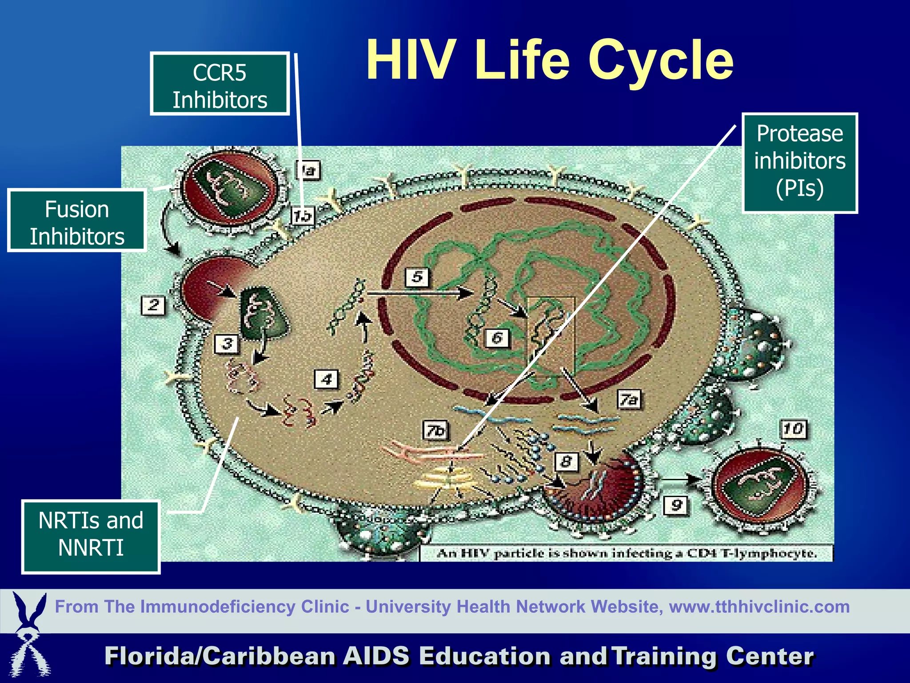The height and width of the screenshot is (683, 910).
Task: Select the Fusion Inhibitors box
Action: [77, 221]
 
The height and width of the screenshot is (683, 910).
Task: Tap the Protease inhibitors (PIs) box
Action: [799, 163]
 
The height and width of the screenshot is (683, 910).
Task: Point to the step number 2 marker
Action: [153, 305]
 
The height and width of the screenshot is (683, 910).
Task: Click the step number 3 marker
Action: [227, 344]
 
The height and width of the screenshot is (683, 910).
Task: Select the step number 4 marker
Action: [327, 379]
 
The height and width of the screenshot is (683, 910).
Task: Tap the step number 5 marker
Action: [417, 277]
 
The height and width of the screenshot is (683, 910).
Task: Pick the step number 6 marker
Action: [497, 338]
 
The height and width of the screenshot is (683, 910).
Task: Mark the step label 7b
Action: [435, 430]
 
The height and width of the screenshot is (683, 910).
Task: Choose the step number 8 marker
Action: [566, 462]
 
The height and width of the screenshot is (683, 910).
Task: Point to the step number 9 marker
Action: [676, 505]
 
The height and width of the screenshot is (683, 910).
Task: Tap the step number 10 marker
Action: [793, 429]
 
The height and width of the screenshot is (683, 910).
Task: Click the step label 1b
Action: [303, 216]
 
